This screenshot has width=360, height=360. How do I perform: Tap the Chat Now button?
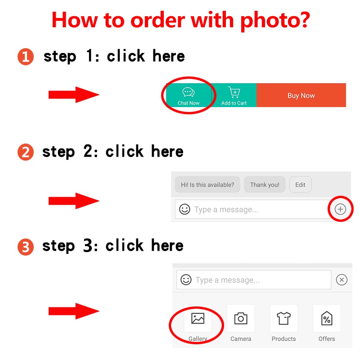(189, 95)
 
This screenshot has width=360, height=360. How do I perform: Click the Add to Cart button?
(234, 95)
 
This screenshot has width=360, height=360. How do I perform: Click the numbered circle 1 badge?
(26, 57)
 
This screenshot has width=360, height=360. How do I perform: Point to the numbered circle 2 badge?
(26, 152)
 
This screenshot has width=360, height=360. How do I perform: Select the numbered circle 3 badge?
(26, 247)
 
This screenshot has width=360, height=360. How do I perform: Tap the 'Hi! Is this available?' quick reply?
(207, 184)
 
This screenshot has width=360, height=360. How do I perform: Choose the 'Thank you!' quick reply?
(265, 184)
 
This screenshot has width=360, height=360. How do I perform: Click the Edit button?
(300, 184)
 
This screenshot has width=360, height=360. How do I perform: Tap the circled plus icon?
(340, 209)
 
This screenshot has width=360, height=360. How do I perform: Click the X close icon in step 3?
(342, 279)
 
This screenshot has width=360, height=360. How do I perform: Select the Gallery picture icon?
(198, 319)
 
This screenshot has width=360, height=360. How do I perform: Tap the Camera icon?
(241, 319)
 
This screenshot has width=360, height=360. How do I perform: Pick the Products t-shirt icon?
(284, 318)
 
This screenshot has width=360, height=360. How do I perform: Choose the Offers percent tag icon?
(327, 318)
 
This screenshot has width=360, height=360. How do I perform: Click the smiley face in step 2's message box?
(184, 209)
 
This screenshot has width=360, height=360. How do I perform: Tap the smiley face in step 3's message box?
(186, 279)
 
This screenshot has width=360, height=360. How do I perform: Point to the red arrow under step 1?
(74, 94)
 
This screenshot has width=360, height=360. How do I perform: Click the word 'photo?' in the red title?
(275, 21)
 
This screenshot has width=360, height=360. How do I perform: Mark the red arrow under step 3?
(74, 311)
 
